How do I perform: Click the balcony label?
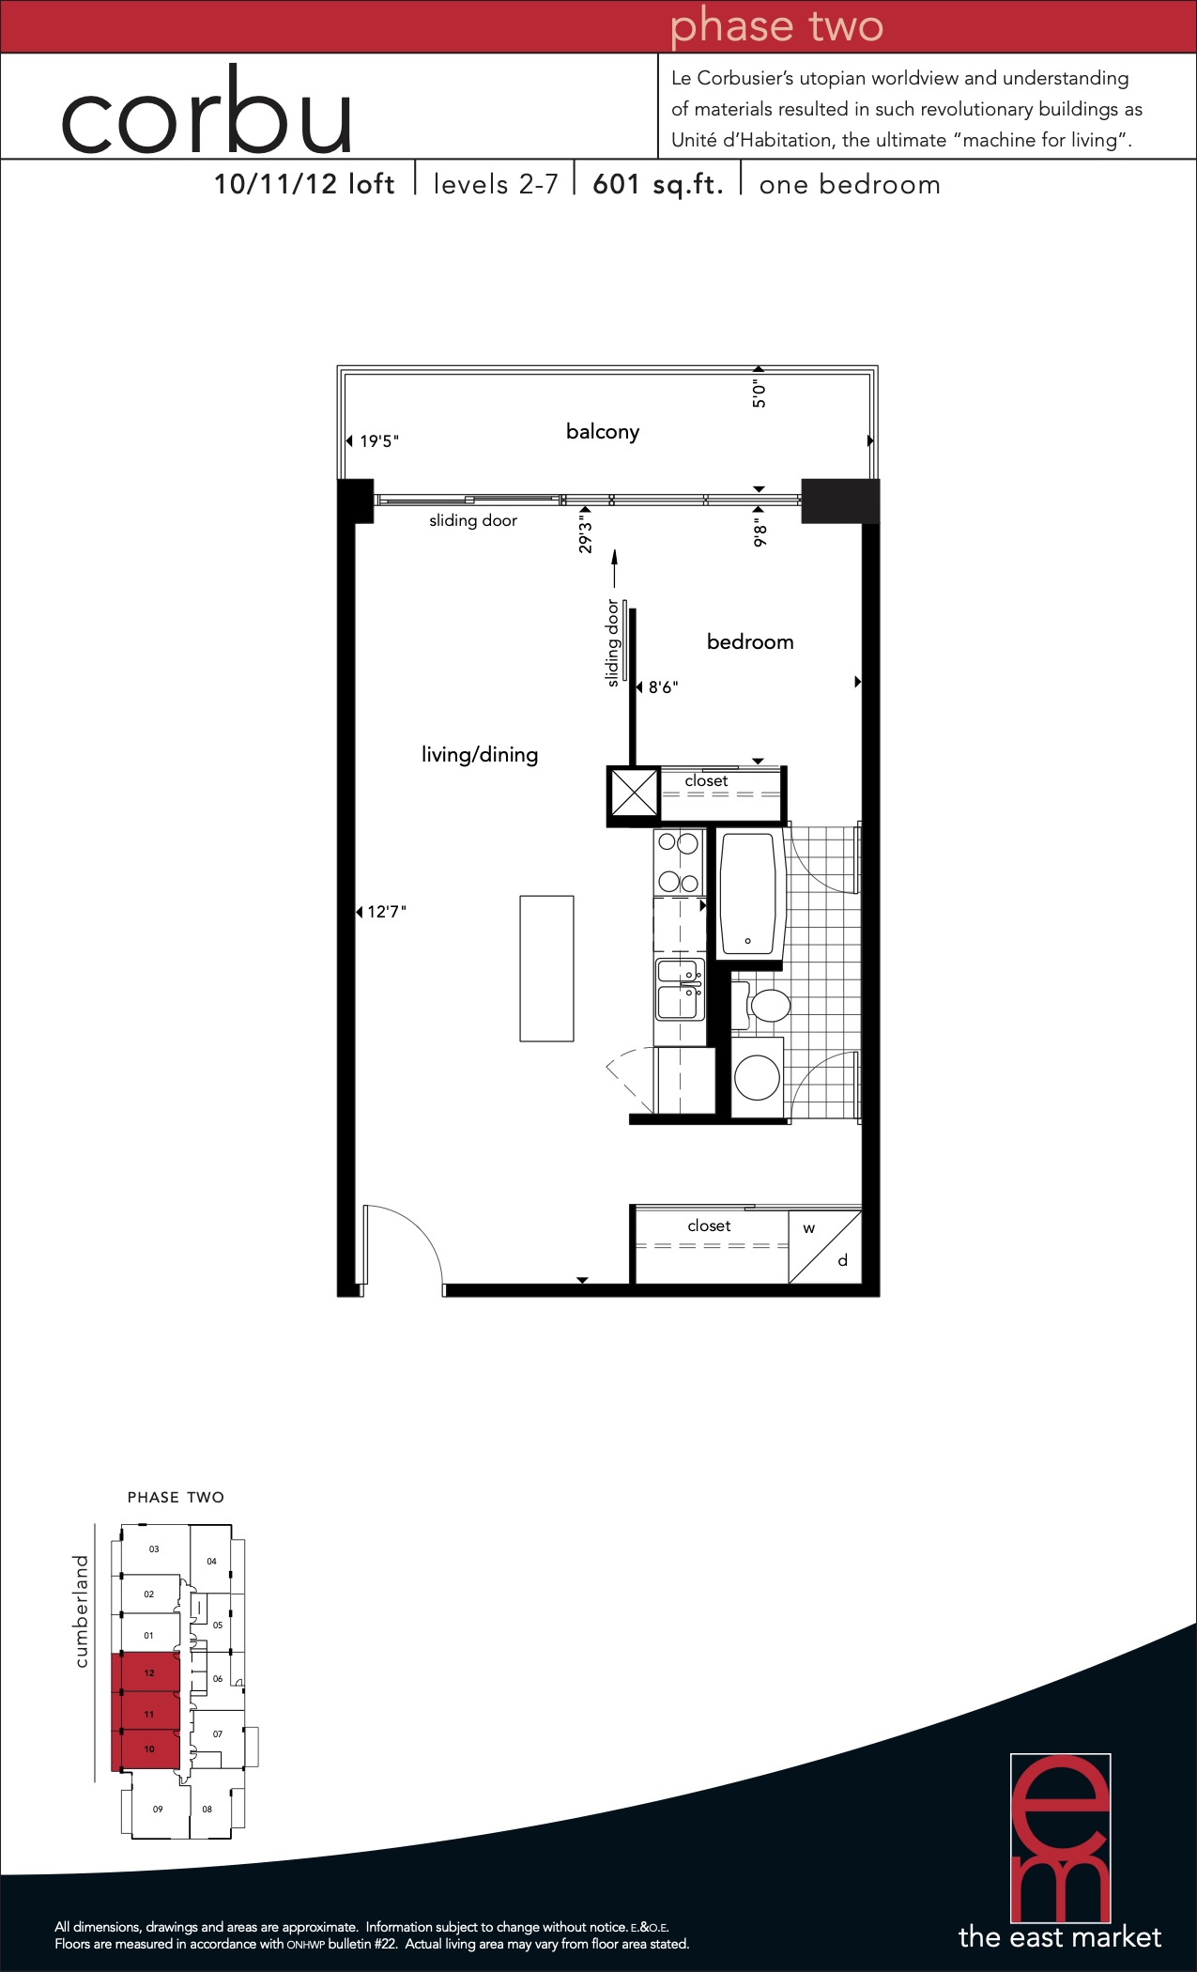coord(603,432)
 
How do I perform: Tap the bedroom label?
coord(750,642)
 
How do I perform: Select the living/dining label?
coord(480,755)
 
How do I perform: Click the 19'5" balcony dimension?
coord(379,441)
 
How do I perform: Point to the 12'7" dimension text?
coord(387,912)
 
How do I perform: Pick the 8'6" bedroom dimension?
coord(663,687)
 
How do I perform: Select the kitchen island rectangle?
coord(546,968)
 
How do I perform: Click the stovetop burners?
coord(679,862)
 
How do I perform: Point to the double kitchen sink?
coord(680,989)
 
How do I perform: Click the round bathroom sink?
coord(757,1078)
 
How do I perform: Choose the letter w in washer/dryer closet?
coord(809,1228)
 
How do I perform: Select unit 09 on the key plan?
coord(158,1808)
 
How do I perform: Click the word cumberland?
coord(82,1611)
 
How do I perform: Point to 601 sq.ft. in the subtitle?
coord(658,184)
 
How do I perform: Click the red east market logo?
coord(1060,1839)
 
